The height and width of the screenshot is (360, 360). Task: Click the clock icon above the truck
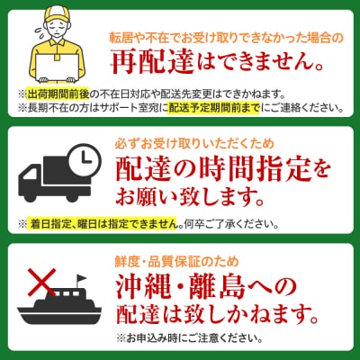coord(85,158)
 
